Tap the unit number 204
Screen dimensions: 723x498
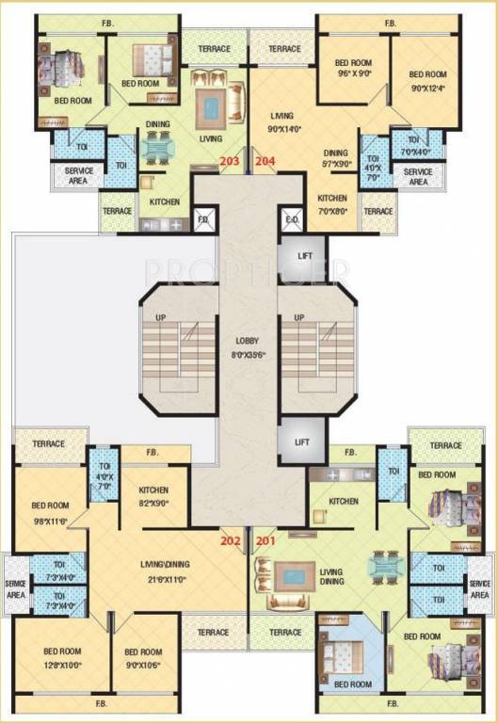pos(265,161)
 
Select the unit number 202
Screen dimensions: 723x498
pos(230,540)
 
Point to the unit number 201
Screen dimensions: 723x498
pos(266,540)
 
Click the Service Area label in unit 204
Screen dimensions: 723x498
pos(417,178)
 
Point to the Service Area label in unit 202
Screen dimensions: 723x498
pos(15,589)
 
